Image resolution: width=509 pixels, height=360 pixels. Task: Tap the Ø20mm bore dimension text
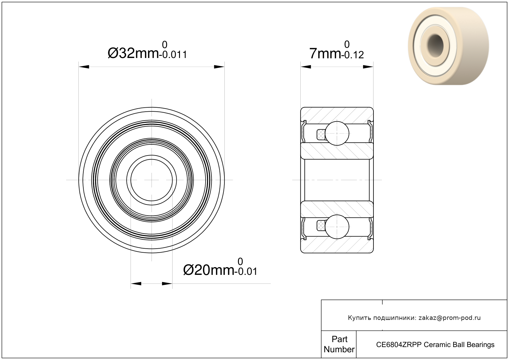pos(209,270)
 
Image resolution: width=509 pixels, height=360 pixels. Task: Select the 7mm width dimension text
pos(325,54)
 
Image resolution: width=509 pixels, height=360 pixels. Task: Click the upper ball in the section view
pos(337,133)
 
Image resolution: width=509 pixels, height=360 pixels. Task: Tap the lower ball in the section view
pos(337,227)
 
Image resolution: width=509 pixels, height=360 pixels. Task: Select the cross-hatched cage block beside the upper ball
pos(321,134)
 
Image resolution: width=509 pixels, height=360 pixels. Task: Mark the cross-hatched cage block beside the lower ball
pos(321,226)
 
